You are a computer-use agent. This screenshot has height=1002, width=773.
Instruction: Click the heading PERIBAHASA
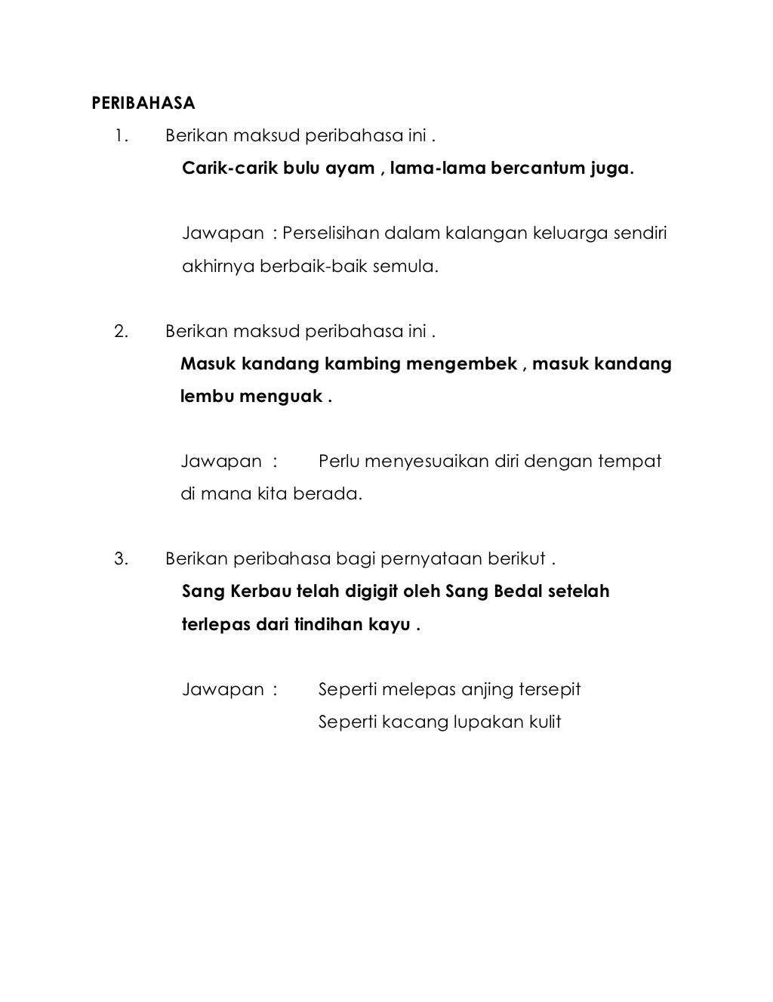pos(143,103)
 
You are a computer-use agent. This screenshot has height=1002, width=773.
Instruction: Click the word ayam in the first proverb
pos(350,169)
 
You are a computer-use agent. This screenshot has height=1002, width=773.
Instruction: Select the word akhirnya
pos(219,266)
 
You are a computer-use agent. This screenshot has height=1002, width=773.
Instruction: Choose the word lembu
pos(207,396)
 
